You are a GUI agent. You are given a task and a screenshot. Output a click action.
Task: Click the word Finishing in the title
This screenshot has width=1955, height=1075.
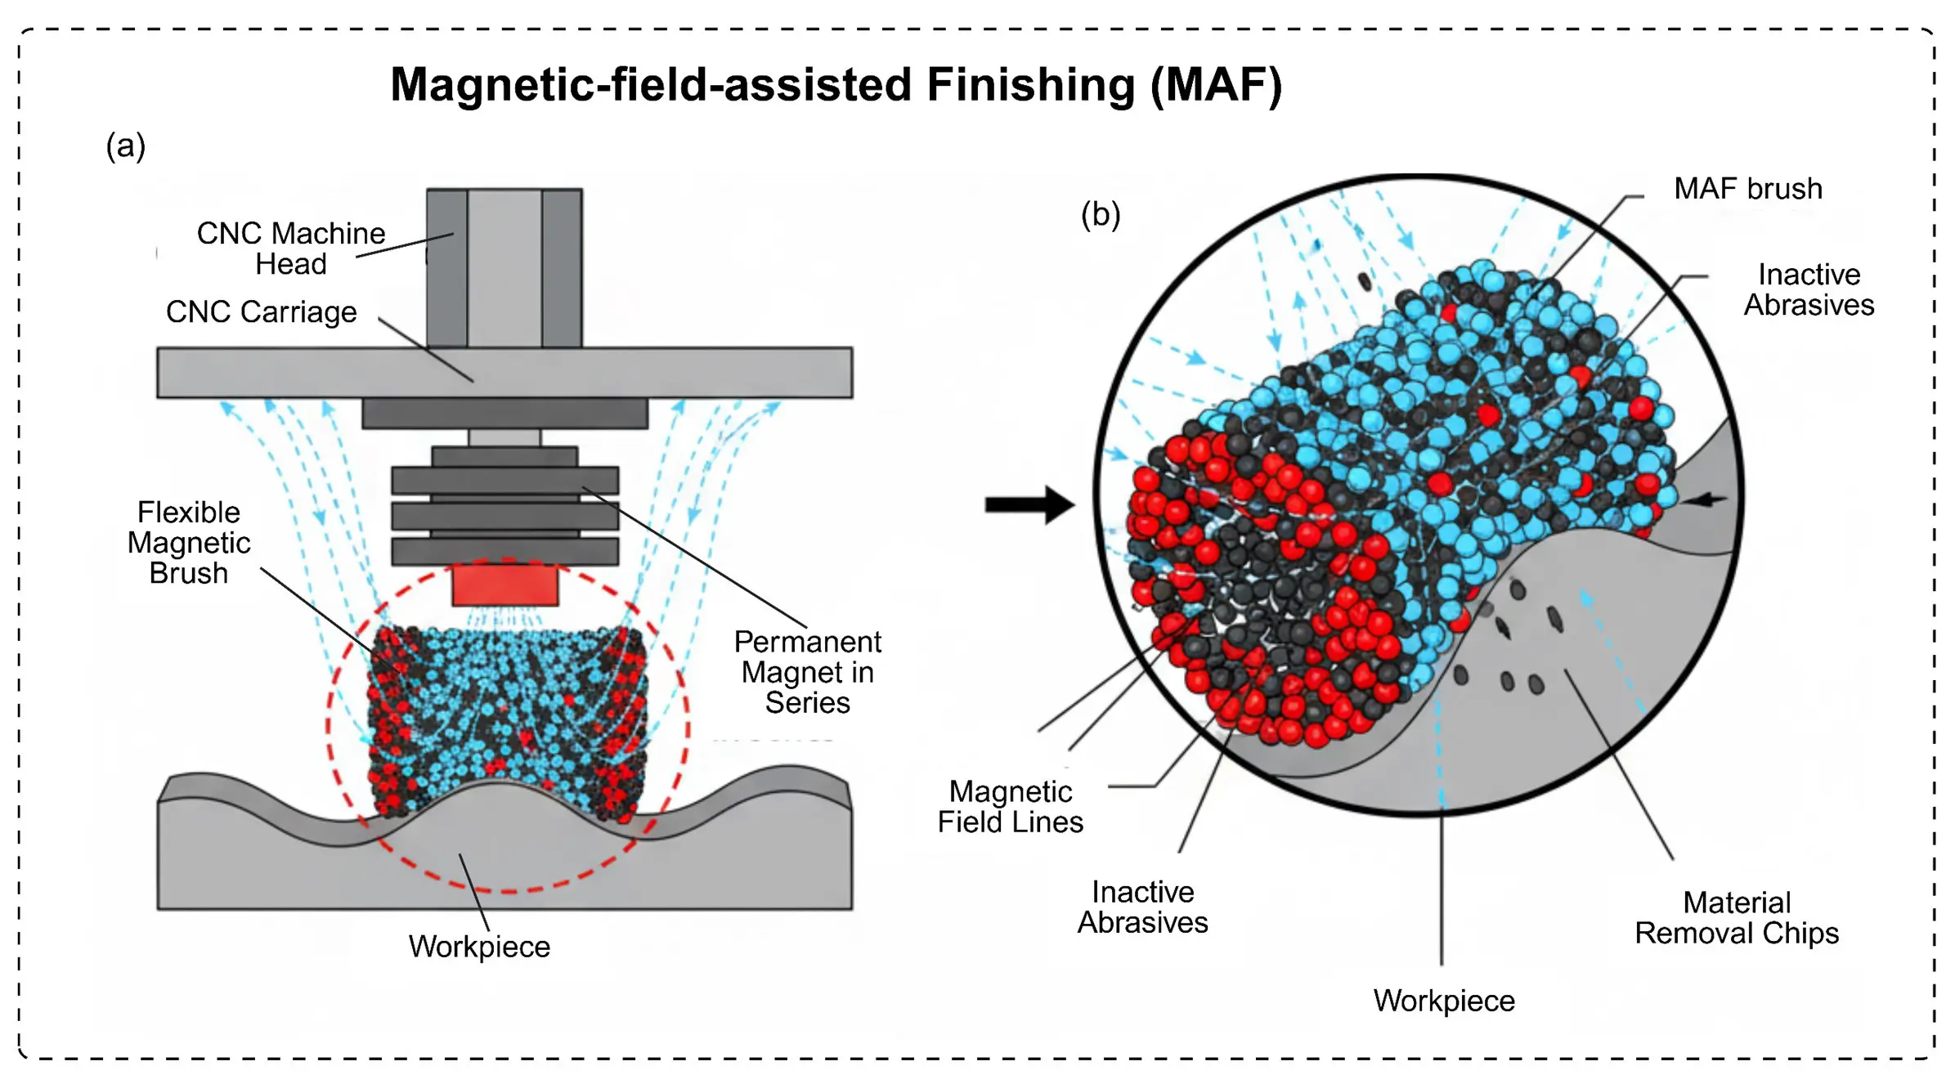point(1031,85)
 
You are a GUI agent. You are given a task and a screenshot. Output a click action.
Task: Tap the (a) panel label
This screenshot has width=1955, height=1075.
point(126,146)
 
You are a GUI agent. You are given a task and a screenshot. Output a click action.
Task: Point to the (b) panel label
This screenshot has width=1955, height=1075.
point(1100,215)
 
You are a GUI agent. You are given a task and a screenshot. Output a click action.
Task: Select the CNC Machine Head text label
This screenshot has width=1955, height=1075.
point(290,249)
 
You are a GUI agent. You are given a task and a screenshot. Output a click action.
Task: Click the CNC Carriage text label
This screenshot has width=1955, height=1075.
point(261,311)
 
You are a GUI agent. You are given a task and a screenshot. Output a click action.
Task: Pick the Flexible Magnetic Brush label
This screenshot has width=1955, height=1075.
point(189,543)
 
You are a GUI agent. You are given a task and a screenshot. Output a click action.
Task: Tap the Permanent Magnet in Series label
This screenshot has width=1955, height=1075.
point(807,672)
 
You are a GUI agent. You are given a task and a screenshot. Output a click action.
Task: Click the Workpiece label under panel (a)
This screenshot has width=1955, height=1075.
point(479,947)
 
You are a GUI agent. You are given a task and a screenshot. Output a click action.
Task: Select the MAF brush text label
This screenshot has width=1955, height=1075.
point(1747,189)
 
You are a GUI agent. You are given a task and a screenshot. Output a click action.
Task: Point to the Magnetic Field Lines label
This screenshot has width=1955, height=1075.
point(1010,807)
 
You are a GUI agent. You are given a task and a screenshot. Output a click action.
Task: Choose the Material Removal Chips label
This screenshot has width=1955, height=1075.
point(1736,918)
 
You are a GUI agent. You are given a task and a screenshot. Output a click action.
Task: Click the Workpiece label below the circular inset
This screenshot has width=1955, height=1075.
point(1443,1001)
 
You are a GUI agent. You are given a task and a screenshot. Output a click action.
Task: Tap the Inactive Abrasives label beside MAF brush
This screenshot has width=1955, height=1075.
point(1809,289)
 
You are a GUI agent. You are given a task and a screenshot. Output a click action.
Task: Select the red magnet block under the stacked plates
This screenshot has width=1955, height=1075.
point(504,585)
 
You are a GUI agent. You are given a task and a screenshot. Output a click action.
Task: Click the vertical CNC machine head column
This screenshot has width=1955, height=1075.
point(504,268)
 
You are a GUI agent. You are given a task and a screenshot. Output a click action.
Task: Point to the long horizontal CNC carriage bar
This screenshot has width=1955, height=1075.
point(504,373)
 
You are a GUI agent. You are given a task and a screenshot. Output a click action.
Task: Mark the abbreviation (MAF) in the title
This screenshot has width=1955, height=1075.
point(1216,85)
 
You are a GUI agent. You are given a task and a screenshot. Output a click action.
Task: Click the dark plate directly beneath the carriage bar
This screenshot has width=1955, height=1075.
point(504,414)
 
